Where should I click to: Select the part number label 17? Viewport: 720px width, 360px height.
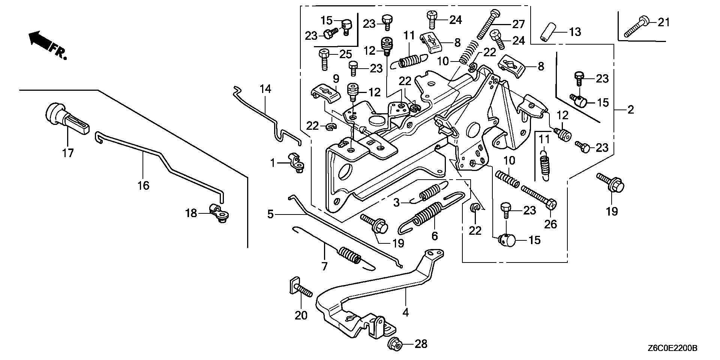click(x=68, y=153)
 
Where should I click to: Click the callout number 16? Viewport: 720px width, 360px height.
click(x=144, y=185)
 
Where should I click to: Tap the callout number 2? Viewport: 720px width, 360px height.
click(x=630, y=110)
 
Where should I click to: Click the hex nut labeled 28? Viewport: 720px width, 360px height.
click(x=395, y=343)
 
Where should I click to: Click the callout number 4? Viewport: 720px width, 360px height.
click(x=405, y=312)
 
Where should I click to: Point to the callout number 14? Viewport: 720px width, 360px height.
click(x=265, y=89)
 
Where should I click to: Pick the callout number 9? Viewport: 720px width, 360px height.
click(x=336, y=79)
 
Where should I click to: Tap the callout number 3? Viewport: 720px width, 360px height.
click(x=397, y=203)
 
